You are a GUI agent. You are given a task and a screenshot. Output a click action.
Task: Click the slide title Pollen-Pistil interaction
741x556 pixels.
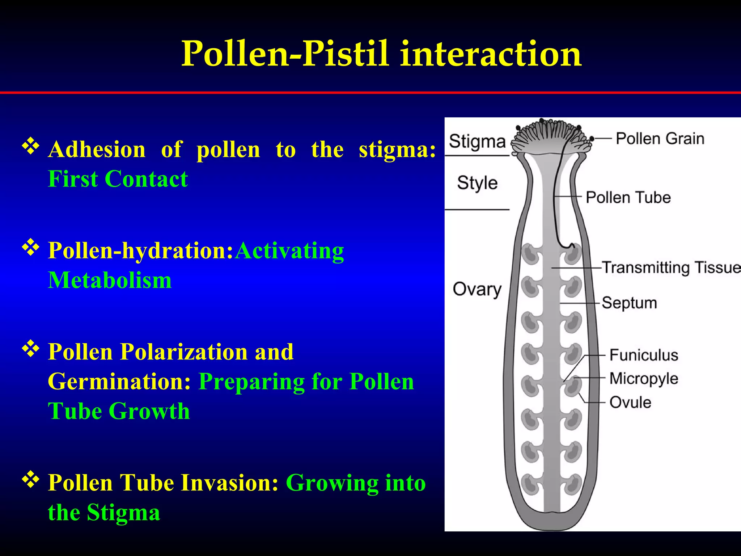tap(381, 54)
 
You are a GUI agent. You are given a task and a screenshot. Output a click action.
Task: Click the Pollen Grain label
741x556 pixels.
tap(660, 139)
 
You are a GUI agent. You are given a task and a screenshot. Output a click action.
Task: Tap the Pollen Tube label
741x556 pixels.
tap(628, 198)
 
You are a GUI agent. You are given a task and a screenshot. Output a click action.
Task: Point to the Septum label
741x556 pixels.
tap(629, 303)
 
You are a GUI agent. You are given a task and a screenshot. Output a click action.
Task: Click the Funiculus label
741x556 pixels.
tap(644, 355)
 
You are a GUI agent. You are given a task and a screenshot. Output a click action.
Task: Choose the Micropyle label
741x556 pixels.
tap(644, 379)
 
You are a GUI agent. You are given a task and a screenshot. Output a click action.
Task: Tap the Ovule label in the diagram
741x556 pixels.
tap(630, 403)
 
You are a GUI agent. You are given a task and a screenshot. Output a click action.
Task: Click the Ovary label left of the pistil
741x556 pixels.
tap(477, 289)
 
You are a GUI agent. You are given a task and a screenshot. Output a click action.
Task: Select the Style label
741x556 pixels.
tap(477, 183)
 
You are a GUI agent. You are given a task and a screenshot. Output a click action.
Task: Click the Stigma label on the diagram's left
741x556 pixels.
tap(477, 141)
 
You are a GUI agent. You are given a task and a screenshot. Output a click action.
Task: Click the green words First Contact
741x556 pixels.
tap(118, 179)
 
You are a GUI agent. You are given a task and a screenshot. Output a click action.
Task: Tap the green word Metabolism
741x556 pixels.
tap(110, 281)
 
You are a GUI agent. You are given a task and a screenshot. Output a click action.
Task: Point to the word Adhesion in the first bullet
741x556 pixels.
tap(97, 149)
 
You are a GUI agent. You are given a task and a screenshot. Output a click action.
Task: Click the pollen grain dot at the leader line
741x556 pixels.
tap(592, 139)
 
